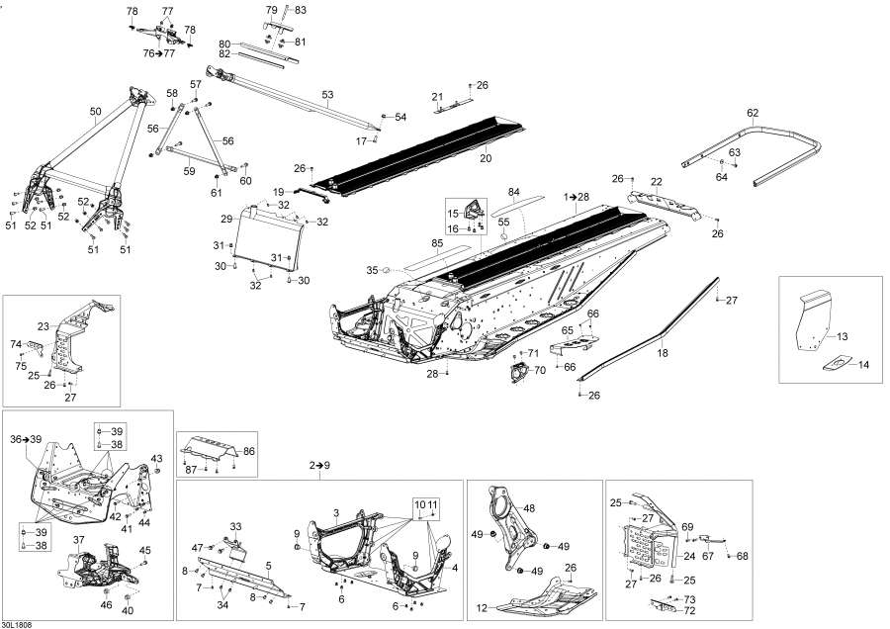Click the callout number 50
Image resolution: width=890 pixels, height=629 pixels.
(x=95, y=112)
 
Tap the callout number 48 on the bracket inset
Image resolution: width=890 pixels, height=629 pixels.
(x=530, y=508)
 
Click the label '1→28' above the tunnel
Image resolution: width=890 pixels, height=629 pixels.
(x=576, y=197)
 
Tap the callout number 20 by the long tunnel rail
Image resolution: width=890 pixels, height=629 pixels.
(x=486, y=158)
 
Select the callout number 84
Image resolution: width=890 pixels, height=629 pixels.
(x=513, y=191)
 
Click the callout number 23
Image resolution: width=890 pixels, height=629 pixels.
(x=43, y=324)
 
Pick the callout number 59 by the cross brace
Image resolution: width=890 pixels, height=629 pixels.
(x=188, y=171)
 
